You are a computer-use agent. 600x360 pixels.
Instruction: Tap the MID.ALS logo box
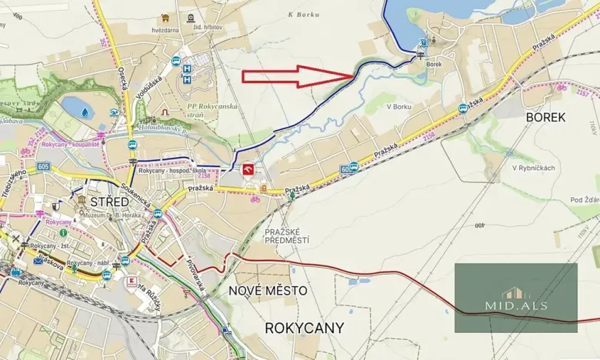tap(515, 298)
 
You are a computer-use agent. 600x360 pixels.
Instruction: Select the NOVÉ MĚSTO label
tap(268, 290)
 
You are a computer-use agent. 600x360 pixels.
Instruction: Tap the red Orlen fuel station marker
tap(248, 170)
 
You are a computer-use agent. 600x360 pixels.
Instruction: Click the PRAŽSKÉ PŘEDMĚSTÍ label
tap(286, 235)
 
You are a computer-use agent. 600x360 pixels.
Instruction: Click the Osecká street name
tap(122, 76)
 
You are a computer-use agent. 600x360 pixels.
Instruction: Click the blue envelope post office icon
tap(38, 262)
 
